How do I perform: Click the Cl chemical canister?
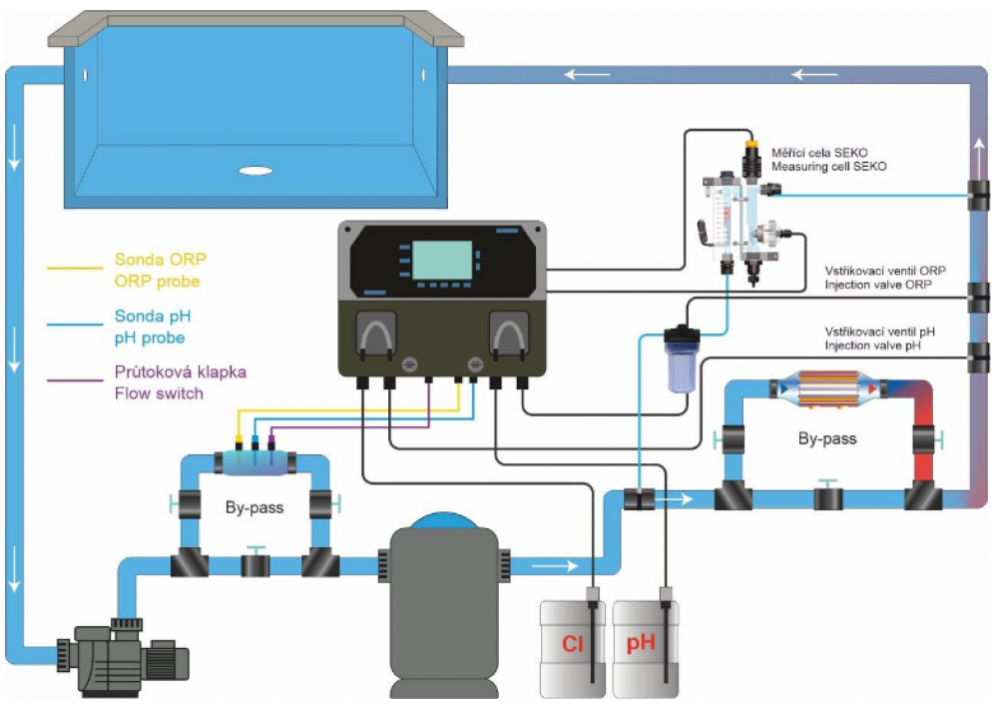pos(572,647)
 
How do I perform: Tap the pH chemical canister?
pos(644,647)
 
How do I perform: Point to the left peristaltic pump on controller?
pos(376,337)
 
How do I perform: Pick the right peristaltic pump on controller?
pos(508,337)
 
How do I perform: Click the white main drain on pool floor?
pos(256,171)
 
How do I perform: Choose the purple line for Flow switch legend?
pos(77,380)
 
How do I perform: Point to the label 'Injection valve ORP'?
pos(885,286)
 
